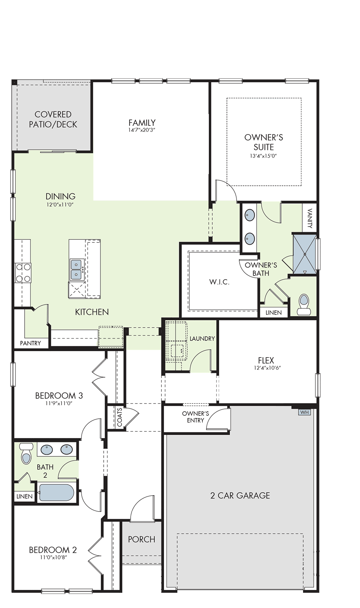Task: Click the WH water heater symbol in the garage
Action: coord(305,412)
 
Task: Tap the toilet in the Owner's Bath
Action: coord(303,304)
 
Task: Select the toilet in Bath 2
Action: coord(26,453)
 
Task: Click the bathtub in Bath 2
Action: coord(57,492)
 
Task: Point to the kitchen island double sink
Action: coord(77,270)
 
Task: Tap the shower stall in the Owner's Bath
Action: coord(305,254)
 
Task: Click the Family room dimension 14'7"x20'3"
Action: coord(142,130)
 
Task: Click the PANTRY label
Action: coord(30,343)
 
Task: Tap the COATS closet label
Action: coord(120,417)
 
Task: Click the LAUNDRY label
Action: coord(202,339)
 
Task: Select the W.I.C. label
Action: coord(219,282)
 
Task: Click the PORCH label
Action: coord(142,539)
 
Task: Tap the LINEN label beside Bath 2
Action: coord(24,496)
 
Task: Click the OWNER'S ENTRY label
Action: coord(195,417)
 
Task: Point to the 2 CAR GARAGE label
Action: coord(240,496)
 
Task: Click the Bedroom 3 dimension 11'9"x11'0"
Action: coord(59,403)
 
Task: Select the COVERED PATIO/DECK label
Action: coord(53,119)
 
